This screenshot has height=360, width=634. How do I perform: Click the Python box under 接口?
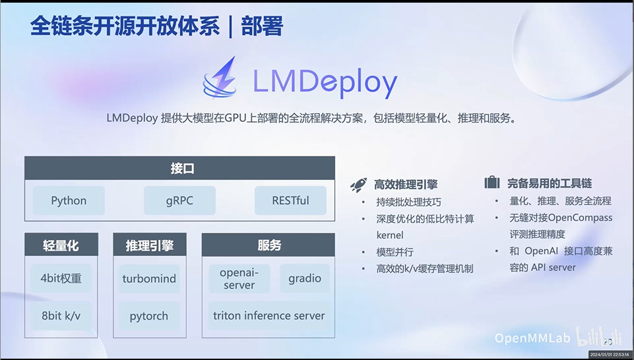tap(69, 200)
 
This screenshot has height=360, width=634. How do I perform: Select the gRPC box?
tap(179, 200)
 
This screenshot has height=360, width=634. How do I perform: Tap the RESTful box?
tap(290, 200)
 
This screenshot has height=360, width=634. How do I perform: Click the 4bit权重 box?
tap(61, 278)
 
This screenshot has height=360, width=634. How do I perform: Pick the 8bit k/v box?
tap(61, 316)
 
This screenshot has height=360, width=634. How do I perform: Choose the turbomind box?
tap(149, 278)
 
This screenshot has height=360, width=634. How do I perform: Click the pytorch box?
tap(149, 316)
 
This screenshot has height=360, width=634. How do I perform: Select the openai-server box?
tap(239, 278)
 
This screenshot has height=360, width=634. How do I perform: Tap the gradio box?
tap(305, 278)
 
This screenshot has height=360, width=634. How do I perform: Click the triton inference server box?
tap(269, 316)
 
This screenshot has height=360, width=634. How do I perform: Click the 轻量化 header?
tap(61, 245)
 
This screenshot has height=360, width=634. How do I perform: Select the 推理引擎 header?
tap(149, 245)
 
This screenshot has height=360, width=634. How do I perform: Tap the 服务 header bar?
tap(269, 245)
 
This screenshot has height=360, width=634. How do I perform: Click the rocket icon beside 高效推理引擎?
tap(358, 185)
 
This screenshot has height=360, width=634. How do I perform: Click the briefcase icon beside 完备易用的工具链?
tap(491, 183)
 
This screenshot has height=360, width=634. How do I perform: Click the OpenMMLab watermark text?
tap(532, 338)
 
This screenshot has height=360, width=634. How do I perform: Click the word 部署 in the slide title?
tap(262, 26)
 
